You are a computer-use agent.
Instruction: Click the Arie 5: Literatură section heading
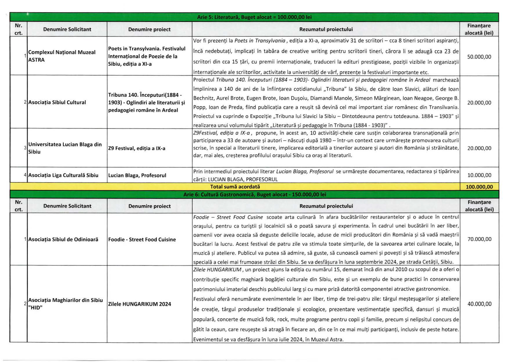tap(254, 17)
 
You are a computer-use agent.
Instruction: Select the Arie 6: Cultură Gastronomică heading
tap(254, 194)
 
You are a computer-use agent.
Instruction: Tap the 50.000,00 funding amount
tap(479, 57)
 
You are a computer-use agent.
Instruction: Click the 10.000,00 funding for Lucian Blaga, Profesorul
tap(479, 175)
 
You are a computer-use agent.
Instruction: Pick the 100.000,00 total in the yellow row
tap(479, 187)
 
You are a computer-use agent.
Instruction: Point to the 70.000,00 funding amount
tap(479, 239)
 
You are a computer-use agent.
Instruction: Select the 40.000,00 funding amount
tap(479, 304)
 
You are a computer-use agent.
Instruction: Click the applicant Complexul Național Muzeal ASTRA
tap(62, 56)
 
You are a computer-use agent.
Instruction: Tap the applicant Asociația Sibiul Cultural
tap(57, 102)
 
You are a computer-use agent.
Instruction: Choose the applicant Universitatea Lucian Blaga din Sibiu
tap(65, 148)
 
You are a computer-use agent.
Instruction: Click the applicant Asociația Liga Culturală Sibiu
tap(63, 175)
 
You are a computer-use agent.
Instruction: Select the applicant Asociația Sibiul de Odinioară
tap(63, 239)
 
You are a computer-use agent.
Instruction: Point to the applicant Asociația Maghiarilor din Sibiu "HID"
tap(65, 304)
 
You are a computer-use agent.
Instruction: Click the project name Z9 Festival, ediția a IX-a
tap(137, 148)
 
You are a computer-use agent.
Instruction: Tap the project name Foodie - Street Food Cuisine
tap(142, 239)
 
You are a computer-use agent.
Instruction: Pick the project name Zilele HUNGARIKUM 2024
tap(140, 304)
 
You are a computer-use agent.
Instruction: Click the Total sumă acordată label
tap(235, 187)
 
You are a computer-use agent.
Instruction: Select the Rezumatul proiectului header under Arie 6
tap(326, 206)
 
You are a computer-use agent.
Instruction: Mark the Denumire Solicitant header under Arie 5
tap(67, 29)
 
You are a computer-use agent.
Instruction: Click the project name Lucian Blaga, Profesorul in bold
tap(137, 175)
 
